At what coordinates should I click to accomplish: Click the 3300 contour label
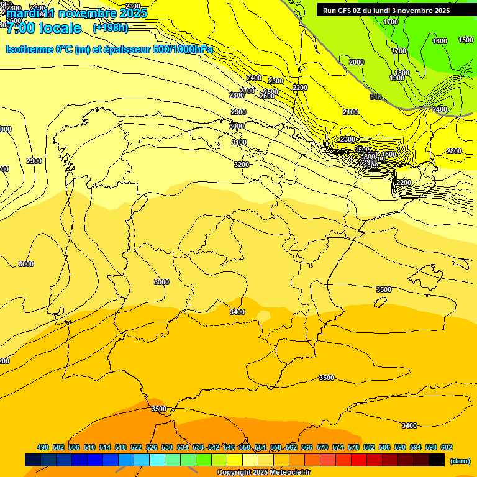click(x=161, y=282)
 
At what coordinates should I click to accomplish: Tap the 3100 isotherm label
click(x=239, y=142)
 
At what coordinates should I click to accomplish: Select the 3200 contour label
click(x=242, y=165)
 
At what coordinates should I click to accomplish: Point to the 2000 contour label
click(x=357, y=62)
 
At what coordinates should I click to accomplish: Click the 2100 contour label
click(x=350, y=112)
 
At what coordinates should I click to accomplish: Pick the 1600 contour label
click(x=440, y=41)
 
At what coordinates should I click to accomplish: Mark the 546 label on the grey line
click(x=376, y=97)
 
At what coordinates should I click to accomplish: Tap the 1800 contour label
click(x=402, y=73)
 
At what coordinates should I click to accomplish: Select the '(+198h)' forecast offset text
click(x=110, y=28)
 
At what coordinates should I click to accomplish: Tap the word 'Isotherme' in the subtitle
click(x=29, y=49)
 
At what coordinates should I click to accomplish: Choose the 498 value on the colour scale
click(x=43, y=447)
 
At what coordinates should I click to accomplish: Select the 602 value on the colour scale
click(x=446, y=447)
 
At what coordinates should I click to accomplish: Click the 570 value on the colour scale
click(x=322, y=447)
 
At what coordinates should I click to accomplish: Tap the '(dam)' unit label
click(x=460, y=460)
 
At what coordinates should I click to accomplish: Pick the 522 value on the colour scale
click(x=136, y=447)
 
